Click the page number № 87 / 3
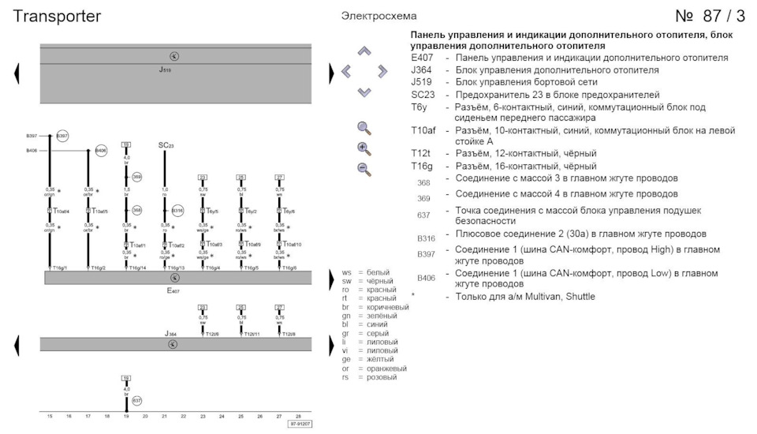[710, 17]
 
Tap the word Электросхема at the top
[379, 16]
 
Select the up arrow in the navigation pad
[364, 51]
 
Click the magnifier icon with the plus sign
[364, 148]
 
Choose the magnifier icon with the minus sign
[364, 168]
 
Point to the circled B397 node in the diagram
[62, 137]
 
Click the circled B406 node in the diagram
[101, 150]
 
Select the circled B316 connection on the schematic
[177, 211]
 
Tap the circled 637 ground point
[137, 401]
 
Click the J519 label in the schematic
[165, 70]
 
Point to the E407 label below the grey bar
[173, 290]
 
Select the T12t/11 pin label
[251, 334]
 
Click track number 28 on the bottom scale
[298, 416]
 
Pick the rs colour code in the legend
[346, 377]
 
